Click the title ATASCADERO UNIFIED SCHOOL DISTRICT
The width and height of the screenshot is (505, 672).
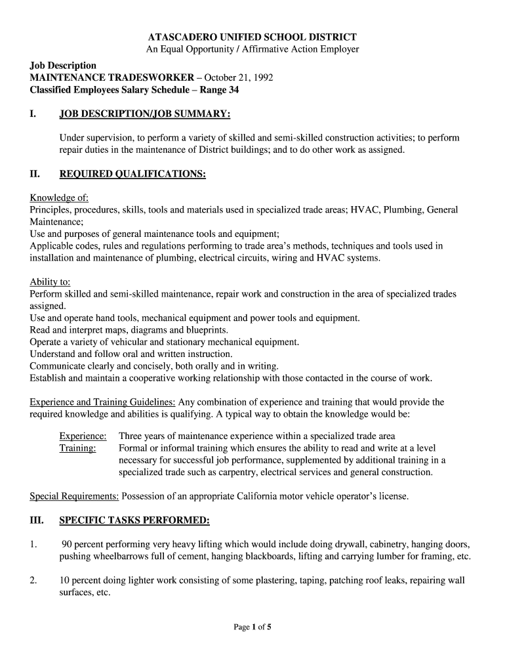[x=252, y=37]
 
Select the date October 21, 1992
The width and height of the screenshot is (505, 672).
[x=239, y=77]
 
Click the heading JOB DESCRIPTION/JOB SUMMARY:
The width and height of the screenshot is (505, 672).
[x=145, y=114]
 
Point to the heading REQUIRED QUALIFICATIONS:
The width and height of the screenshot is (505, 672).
[x=132, y=174]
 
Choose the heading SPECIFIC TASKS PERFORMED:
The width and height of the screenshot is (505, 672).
[x=134, y=520]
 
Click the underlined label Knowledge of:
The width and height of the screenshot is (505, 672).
[x=59, y=198]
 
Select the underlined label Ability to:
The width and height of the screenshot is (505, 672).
[x=50, y=282]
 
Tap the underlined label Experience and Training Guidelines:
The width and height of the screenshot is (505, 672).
[x=102, y=402]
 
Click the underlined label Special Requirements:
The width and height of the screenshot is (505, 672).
[x=74, y=496]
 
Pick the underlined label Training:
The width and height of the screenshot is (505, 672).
[x=77, y=448]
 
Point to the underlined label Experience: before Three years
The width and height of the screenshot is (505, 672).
[x=83, y=436]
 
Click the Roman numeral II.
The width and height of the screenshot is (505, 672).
[x=35, y=174]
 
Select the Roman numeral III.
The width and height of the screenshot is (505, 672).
[x=37, y=520]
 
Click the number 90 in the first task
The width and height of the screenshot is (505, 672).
[x=66, y=544]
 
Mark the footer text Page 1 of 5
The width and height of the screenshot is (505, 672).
[x=253, y=627]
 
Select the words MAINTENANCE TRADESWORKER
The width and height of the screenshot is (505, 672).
[x=111, y=77]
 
